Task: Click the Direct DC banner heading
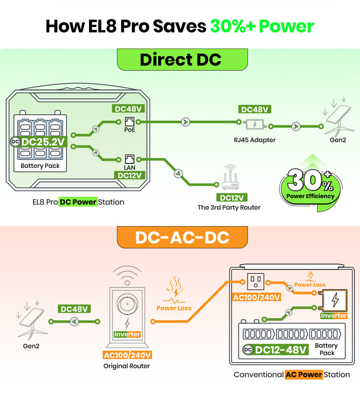(182, 59)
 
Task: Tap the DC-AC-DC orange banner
(182, 237)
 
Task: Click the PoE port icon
(129, 122)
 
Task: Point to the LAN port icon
(129, 159)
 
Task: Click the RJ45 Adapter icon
(255, 124)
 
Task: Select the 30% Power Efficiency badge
(310, 186)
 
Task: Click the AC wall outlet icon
(255, 282)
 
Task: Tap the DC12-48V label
(275, 350)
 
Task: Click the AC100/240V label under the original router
(127, 355)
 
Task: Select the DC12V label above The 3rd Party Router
(232, 198)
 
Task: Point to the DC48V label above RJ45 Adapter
(254, 109)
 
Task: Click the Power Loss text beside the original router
(174, 308)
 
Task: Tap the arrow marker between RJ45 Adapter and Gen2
(296, 126)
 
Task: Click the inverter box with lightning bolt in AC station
(332, 301)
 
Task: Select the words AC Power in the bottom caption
(304, 375)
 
